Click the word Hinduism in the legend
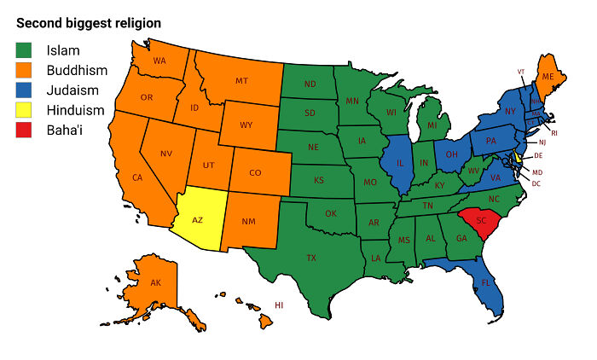(x=76, y=110)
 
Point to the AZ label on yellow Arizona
(x=197, y=219)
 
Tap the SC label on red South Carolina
(x=481, y=220)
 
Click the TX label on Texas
(x=312, y=257)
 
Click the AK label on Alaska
(x=155, y=282)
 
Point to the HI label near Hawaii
(x=279, y=305)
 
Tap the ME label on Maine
(x=549, y=76)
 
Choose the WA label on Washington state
(x=159, y=61)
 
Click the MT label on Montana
(x=241, y=81)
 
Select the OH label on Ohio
(x=452, y=155)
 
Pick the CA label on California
(x=136, y=177)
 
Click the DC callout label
(x=536, y=183)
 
